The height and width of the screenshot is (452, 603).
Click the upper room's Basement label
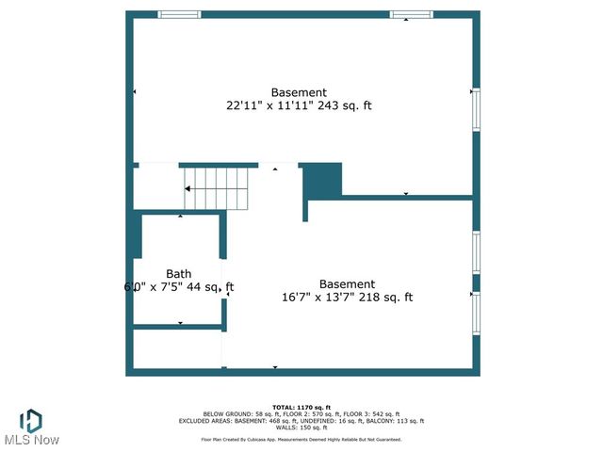coord(299,92)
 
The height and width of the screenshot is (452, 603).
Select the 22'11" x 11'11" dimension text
coord(299,106)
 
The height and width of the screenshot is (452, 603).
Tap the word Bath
coord(179,274)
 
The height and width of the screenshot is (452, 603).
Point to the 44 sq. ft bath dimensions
coord(179,287)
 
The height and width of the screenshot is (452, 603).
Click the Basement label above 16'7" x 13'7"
coord(347,284)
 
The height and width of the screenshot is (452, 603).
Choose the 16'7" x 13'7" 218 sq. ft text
coord(347,298)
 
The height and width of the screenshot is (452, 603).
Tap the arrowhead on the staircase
coord(187,188)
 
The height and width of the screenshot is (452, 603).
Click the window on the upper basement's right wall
coord(476,109)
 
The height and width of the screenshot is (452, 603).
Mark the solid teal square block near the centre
coord(324,179)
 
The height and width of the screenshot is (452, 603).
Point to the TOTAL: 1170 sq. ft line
coord(301,406)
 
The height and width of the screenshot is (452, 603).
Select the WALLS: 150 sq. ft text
coord(301,428)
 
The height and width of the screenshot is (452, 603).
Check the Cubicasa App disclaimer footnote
coord(301,440)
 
